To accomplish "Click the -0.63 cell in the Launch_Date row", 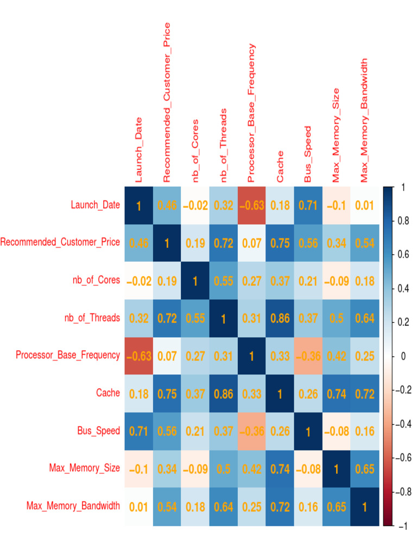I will pos(252,206).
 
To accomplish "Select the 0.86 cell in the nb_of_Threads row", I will pos(280,318).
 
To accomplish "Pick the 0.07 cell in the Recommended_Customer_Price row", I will pos(252,243).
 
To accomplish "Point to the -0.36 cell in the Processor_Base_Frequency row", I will pos(308,356).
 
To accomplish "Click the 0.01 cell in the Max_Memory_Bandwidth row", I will pos(139,507).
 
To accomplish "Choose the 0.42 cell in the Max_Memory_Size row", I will pos(252,469).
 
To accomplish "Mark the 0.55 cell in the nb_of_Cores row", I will pos(224,281).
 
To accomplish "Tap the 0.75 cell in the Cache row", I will pos(167,393).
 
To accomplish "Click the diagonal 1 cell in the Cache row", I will pos(280,393).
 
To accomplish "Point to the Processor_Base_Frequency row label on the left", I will pos(68,356).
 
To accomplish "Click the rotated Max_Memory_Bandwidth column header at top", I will pos(364,121).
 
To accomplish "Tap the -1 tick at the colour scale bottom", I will pos(402,526).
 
